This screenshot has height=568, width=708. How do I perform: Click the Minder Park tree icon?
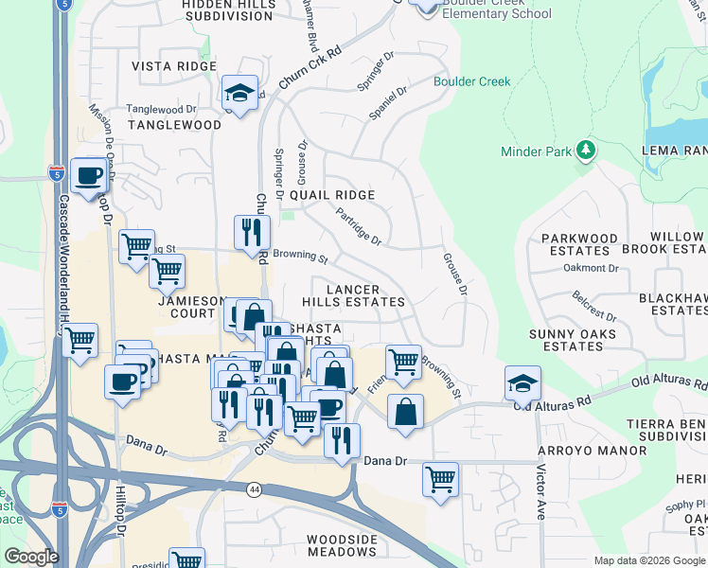point(586,151)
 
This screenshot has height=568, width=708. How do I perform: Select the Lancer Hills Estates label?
point(353,295)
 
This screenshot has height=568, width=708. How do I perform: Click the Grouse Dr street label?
point(455,273)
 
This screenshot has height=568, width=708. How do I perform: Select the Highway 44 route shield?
point(255,488)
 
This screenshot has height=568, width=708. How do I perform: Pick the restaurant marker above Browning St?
point(252,230)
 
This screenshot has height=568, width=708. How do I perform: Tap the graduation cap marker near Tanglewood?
point(240,93)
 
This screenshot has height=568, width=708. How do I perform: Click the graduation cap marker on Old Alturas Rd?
point(522,383)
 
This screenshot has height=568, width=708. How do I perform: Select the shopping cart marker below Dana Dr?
point(441,479)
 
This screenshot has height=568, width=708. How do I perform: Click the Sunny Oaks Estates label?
point(573,340)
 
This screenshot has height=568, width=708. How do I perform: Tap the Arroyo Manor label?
point(593,451)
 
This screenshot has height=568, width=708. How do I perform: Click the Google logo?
point(31,557)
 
